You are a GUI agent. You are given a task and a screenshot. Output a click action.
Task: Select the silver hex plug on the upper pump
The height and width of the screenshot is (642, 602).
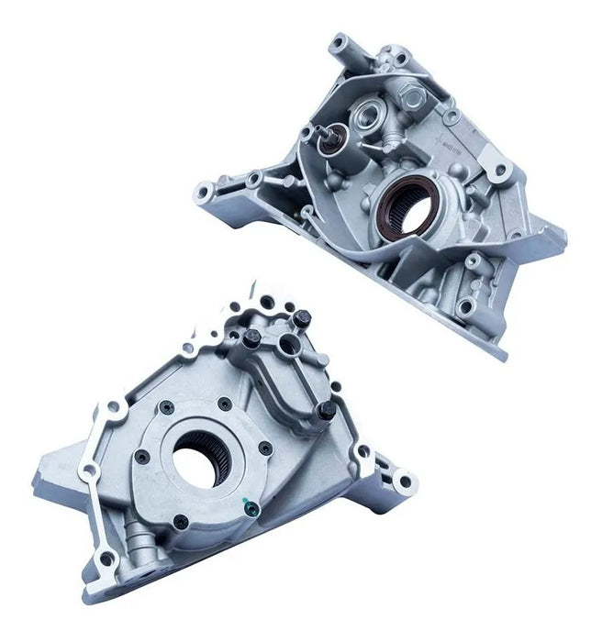point(407,93)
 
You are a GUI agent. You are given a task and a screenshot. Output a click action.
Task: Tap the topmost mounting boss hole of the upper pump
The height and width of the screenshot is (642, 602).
point(340,41)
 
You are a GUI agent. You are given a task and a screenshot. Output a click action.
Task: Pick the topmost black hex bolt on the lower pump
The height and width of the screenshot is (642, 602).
point(303,320)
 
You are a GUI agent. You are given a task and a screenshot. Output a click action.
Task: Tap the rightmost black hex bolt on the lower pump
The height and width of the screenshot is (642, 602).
point(324,413)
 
